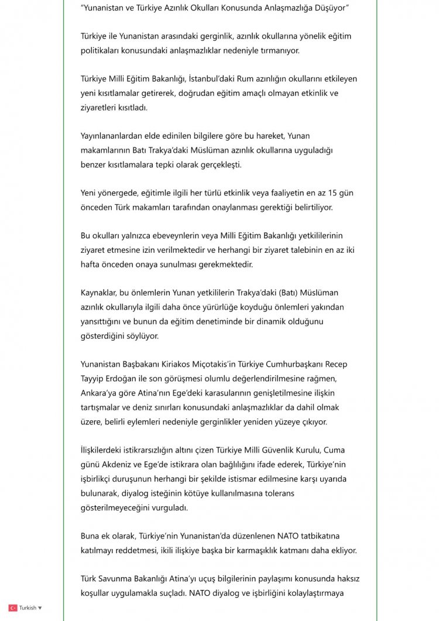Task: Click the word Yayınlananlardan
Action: coord(115,136)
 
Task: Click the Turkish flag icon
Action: coord(12,608)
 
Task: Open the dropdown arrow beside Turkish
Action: coord(40,608)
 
